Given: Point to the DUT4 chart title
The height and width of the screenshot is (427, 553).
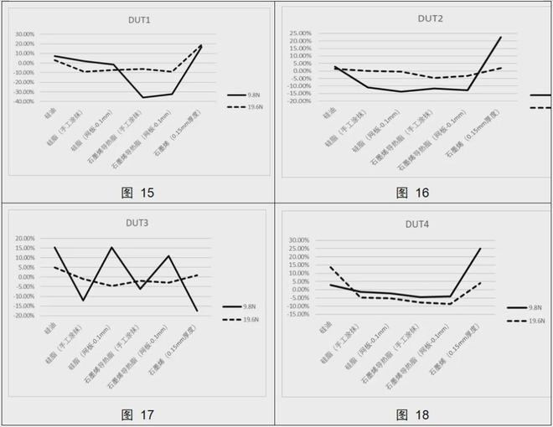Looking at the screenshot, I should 417,224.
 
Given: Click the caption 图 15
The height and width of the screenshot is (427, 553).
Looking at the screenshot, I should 137,193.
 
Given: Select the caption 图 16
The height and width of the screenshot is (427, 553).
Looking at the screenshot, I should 412,193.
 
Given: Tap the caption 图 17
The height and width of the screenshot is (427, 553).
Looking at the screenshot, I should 137,414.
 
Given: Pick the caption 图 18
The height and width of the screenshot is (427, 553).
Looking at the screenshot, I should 412,414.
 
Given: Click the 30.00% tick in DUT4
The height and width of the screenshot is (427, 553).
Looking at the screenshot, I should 299,240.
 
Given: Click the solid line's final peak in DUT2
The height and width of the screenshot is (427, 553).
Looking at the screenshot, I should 501,37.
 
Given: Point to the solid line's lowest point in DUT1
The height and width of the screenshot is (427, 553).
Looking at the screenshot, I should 143,98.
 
